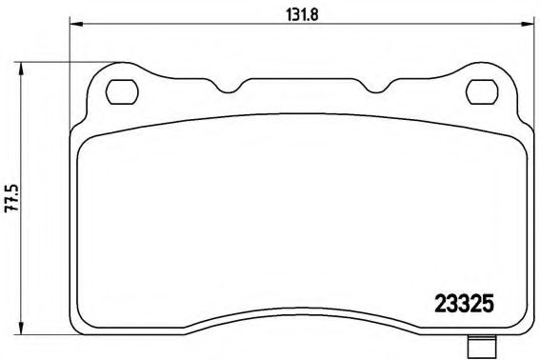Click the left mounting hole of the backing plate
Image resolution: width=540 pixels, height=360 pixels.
click(x=121, y=91)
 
